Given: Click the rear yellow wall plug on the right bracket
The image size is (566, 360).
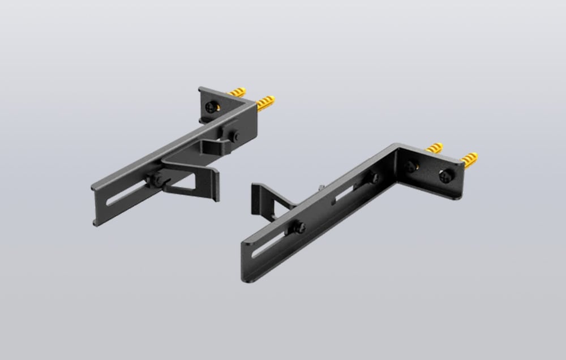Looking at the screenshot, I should point(434,148).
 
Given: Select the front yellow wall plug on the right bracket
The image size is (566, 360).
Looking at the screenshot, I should point(469,160).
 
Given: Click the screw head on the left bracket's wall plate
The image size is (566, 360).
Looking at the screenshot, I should point(211,108).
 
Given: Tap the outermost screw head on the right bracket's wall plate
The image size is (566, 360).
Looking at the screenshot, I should point(445,175).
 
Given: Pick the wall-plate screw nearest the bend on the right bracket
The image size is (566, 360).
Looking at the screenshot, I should point(410,166).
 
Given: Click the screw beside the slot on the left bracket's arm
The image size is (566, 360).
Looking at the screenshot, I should point(154,180).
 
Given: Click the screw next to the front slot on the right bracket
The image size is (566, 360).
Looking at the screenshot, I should point(298,228).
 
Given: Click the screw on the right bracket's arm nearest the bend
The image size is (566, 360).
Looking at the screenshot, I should point(374,178).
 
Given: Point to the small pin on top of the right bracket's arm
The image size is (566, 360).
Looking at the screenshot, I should point(321,187).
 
